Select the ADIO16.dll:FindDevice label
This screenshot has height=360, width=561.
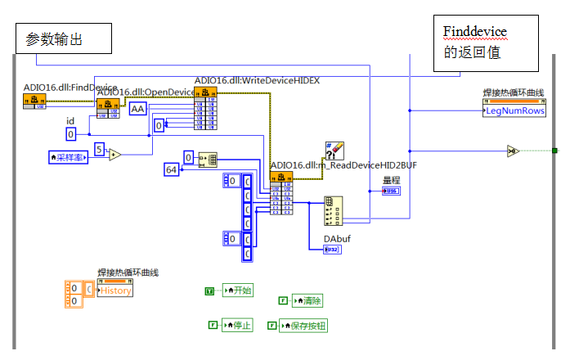click(70, 88)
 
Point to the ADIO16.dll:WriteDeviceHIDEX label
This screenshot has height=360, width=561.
click(257, 80)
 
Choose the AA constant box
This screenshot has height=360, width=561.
click(137, 109)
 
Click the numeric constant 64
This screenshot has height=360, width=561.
click(172, 169)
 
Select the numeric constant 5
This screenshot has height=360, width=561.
click(99, 149)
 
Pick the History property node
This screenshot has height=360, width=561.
click(114, 290)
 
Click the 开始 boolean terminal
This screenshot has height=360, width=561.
click(237, 290)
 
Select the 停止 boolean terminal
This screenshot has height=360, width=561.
click(236, 325)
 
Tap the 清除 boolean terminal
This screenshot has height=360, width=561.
click(306, 300)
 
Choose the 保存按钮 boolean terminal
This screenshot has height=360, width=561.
click(303, 325)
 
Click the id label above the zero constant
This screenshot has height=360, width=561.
click(70, 121)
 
